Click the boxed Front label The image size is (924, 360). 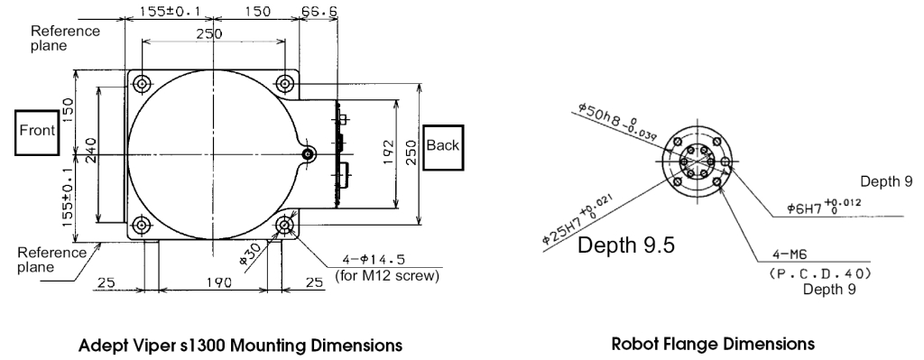click(x=37, y=132)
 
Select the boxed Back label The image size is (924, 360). click(x=443, y=147)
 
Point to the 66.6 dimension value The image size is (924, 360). click(x=319, y=12)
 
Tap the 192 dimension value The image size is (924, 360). click(x=388, y=152)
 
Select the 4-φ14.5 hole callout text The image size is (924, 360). click(x=374, y=259)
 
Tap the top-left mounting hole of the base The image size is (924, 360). click(x=142, y=84)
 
